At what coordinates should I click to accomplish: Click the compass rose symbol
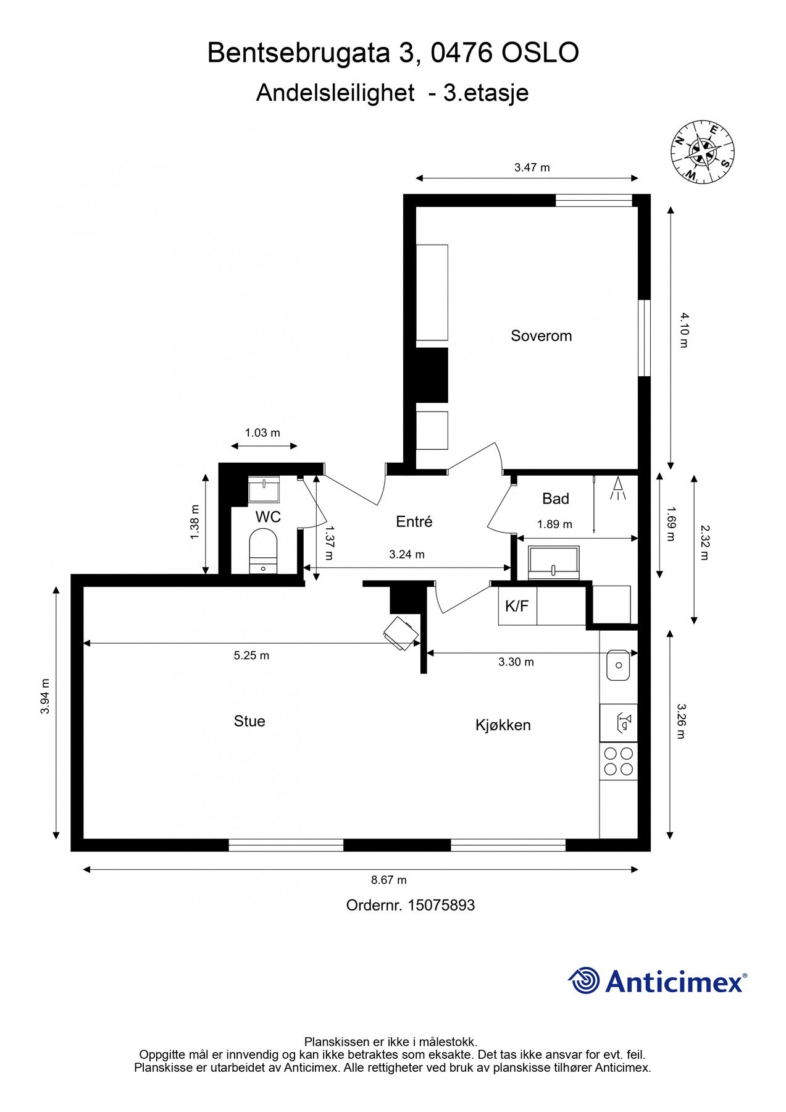703,151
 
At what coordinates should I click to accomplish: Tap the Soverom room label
541,336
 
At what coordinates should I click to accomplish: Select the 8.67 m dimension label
388,880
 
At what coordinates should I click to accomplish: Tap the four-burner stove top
619,761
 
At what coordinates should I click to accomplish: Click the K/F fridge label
517,606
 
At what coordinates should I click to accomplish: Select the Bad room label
556,499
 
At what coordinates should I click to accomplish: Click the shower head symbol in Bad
617,489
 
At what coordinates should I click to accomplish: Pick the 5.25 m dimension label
251,655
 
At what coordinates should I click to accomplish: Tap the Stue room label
249,721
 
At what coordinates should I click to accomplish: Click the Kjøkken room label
503,725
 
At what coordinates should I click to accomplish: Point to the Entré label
414,522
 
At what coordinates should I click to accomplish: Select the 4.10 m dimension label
684,330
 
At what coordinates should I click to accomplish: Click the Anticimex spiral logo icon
583,980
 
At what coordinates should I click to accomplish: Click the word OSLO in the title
540,53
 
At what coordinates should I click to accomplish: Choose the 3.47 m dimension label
532,167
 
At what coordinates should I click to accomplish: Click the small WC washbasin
264,489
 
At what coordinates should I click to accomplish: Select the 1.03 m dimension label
262,432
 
